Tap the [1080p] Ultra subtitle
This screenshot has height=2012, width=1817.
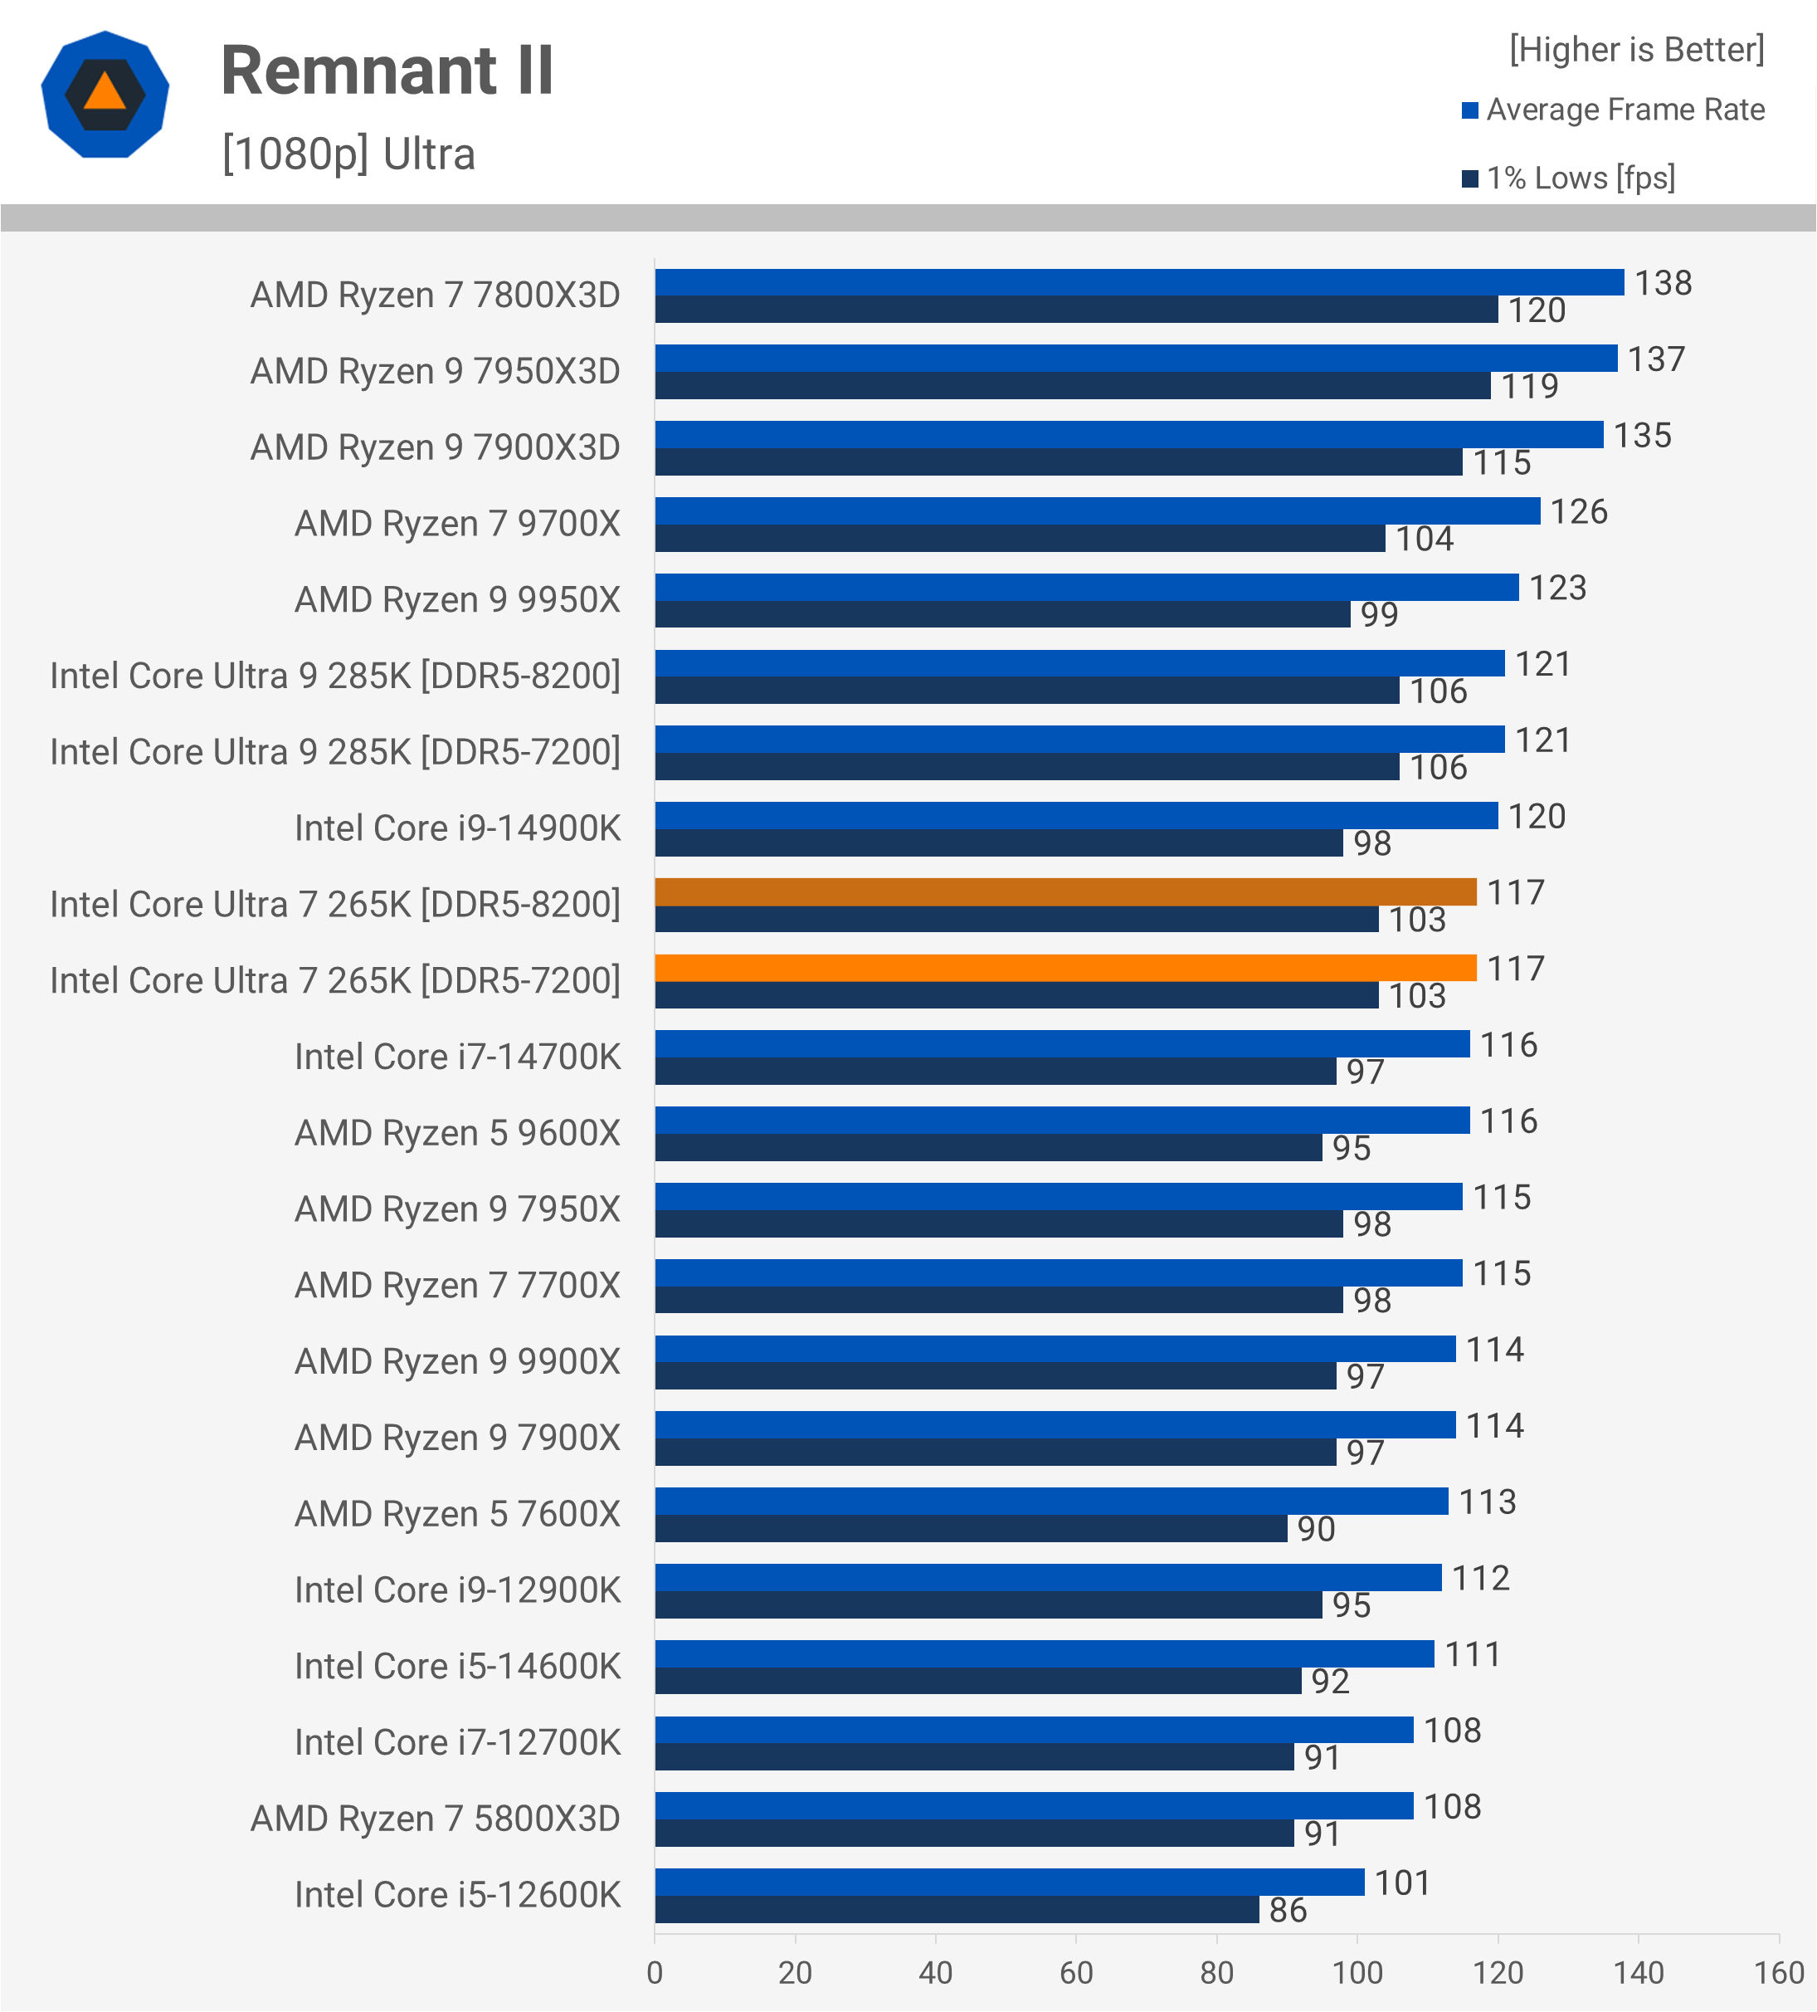pos(348,154)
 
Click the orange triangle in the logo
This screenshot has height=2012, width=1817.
pos(105,93)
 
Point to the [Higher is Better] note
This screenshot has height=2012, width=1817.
pos(1636,49)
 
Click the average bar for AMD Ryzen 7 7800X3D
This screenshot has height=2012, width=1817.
pos(1138,282)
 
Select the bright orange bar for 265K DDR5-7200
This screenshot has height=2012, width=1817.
pos(1064,968)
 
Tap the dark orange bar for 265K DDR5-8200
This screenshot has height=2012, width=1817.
pos(1064,892)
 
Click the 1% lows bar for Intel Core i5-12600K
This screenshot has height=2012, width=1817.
pos(956,1910)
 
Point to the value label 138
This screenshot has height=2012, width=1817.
pos(1663,283)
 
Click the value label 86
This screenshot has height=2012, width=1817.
pos(1287,1910)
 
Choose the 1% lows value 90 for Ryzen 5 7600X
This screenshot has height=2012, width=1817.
pos(1315,1529)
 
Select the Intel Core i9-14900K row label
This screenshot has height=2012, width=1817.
pos(457,828)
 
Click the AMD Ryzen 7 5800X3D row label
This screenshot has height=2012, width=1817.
pos(435,1819)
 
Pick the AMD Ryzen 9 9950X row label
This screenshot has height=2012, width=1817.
pos(457,600)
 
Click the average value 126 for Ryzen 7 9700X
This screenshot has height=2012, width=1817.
pos(1579,512)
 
